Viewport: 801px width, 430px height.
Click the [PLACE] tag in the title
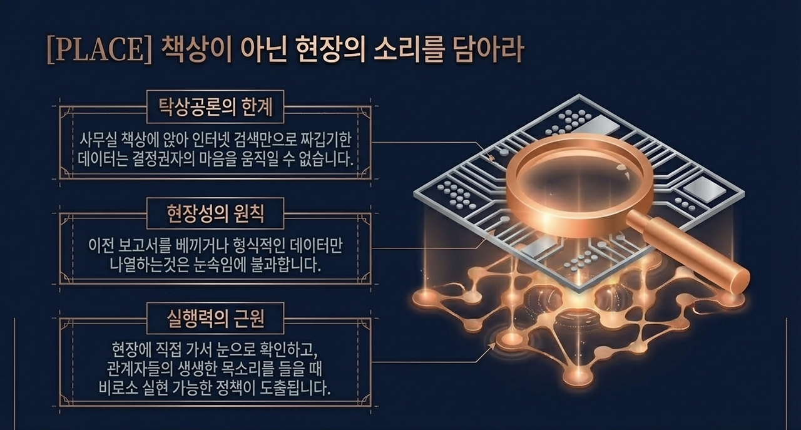(x=99, y=51)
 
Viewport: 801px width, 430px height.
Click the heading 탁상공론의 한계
(x=215, y=108)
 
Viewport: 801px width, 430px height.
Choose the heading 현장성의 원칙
(x=215, y=215)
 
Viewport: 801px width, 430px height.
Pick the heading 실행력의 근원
(x=215, y=319)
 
